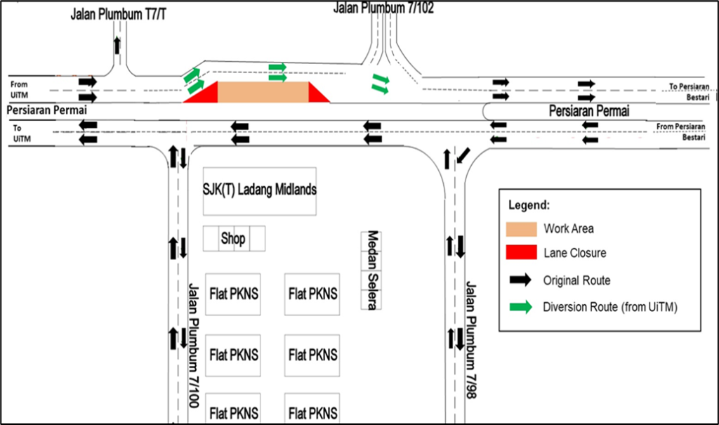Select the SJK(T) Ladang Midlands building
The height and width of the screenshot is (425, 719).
259,190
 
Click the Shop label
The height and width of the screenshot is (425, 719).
233,238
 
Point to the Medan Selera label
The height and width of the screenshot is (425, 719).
372,270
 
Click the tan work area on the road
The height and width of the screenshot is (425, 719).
263,92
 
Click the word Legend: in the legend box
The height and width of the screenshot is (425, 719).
529,206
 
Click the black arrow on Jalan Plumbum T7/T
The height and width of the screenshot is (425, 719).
117,46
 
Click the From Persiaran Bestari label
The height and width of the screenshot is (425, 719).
684,131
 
